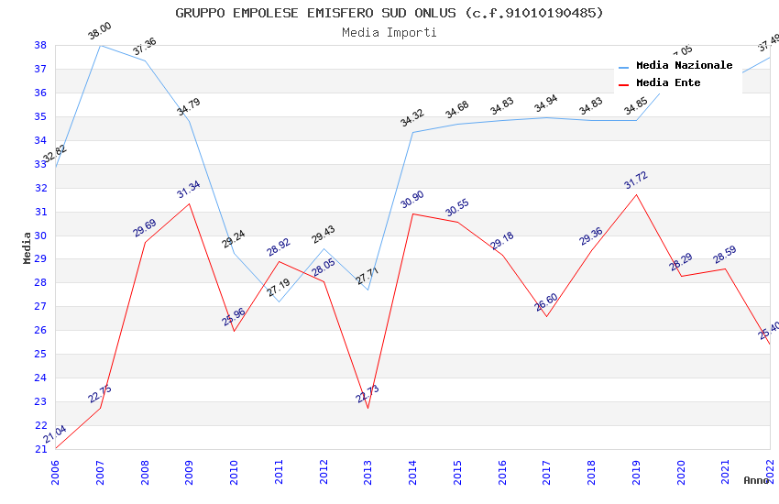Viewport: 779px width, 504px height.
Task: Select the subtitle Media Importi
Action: click(x=389, y=32)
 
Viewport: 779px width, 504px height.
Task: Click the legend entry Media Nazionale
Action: click(x=684, y=66)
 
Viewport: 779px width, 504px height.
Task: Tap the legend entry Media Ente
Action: click(x=668, y=83)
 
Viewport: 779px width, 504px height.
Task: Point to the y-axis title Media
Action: click(x=27, y=247)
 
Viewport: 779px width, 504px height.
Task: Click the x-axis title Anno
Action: click(x=756, y=480)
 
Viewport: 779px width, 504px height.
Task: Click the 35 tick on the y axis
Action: click(x=40, y=116)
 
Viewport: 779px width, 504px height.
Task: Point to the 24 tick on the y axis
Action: click(x=40, y=378)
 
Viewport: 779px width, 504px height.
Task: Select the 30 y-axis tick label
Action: click(x=40, y=236)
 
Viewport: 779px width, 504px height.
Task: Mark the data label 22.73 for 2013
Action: click(x=368, y=394)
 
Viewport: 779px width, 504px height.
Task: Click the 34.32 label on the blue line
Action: click(x=412, y=118)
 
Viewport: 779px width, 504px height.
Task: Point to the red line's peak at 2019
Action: click(x=637, y=194)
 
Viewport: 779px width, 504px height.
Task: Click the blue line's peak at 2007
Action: click(x=100, y=45)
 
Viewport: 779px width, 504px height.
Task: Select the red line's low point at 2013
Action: click(x=368, y=408)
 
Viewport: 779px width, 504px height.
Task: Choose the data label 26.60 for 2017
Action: click(x=546, y=302)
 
